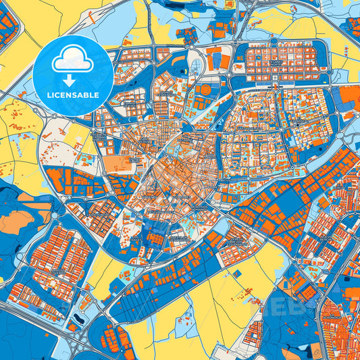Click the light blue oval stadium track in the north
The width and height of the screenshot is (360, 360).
(x=197, y=66)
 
